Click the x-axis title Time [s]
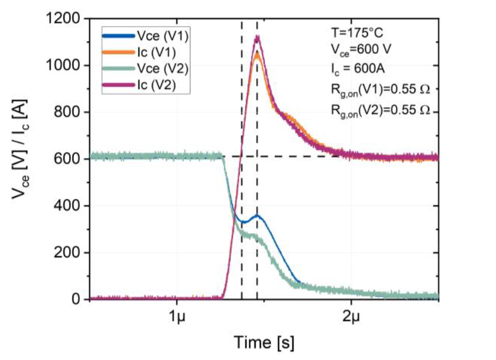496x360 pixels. (265, 342)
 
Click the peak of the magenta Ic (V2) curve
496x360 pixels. (257, 37)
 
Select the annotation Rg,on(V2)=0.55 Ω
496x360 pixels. (377, 111)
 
